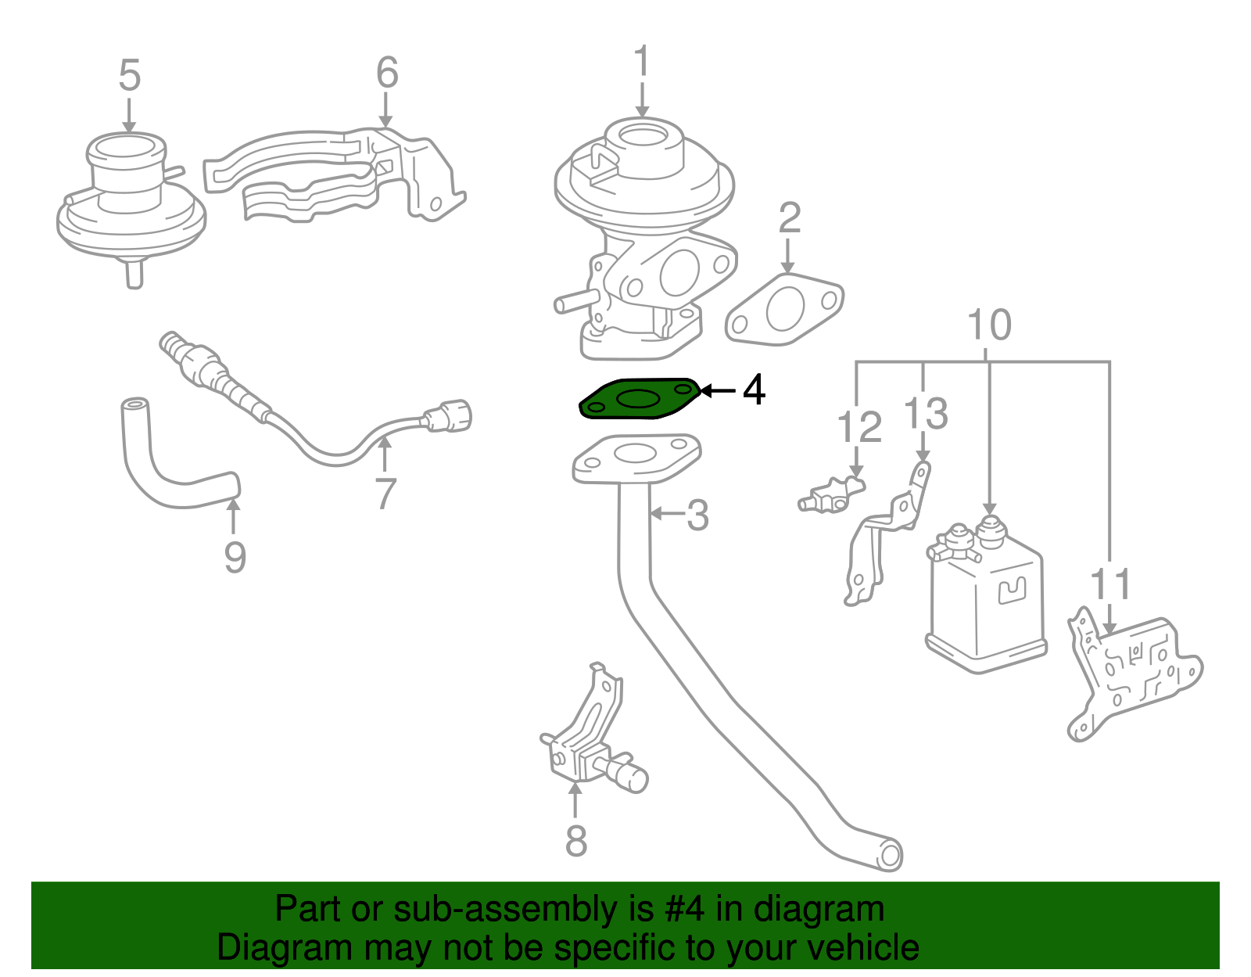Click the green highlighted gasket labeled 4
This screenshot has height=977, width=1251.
(637, 400)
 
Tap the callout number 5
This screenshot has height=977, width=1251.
(129, 76)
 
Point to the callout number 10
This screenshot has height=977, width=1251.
(989, 325)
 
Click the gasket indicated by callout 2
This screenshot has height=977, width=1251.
(784, 310)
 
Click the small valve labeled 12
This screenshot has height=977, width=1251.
(833, 495)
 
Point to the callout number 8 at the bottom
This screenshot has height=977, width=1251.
(576, 841)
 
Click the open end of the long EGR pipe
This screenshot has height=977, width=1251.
(890, 854)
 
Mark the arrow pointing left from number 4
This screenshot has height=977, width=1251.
(718, 390)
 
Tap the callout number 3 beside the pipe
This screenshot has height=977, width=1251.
(697, 515)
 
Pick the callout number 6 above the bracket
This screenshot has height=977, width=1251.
(386, 73)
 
